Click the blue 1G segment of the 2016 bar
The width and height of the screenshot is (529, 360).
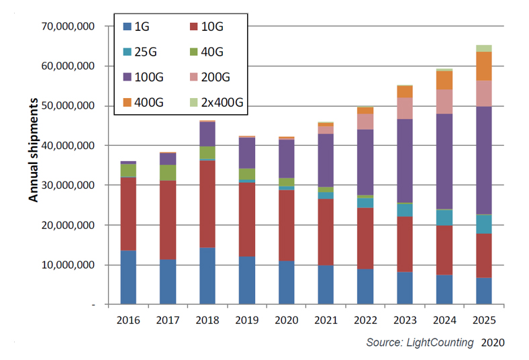point(128,277)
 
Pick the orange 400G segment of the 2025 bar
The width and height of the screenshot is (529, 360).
point(483,66)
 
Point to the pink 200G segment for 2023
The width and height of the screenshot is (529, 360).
point(404,108)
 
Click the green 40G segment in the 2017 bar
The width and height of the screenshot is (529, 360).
point(168,173)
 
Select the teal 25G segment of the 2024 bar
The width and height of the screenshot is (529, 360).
point(444,217)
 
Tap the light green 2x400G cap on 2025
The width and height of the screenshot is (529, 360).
point(483,48)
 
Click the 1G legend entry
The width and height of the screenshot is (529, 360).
point(142,27)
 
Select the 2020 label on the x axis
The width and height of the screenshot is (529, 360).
point(285,321)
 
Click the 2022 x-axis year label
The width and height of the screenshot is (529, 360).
point(365,321)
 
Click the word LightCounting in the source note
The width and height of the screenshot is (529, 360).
point(440,343)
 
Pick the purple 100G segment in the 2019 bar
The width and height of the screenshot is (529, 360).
point(246,152)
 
